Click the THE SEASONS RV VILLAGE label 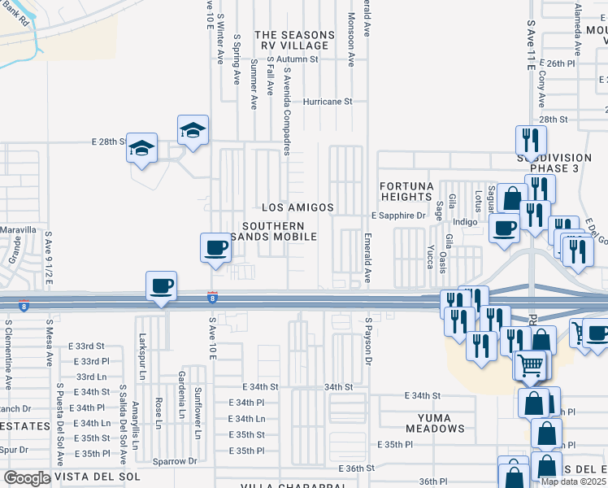tap(294, 41)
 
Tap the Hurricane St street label tap(328, 102)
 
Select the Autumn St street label tap(296, 59)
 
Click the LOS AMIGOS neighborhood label tap(297, 208)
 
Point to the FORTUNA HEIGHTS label tap(406, 192)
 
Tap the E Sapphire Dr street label tap(398, 216)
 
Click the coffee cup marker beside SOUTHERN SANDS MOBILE tap(216, 247)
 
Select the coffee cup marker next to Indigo tap(504, 229)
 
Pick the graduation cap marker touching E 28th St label tap(142, 149)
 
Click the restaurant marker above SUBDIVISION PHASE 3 tap(528, 139)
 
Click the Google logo tap(27, 478)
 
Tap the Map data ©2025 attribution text tap(573, 481)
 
